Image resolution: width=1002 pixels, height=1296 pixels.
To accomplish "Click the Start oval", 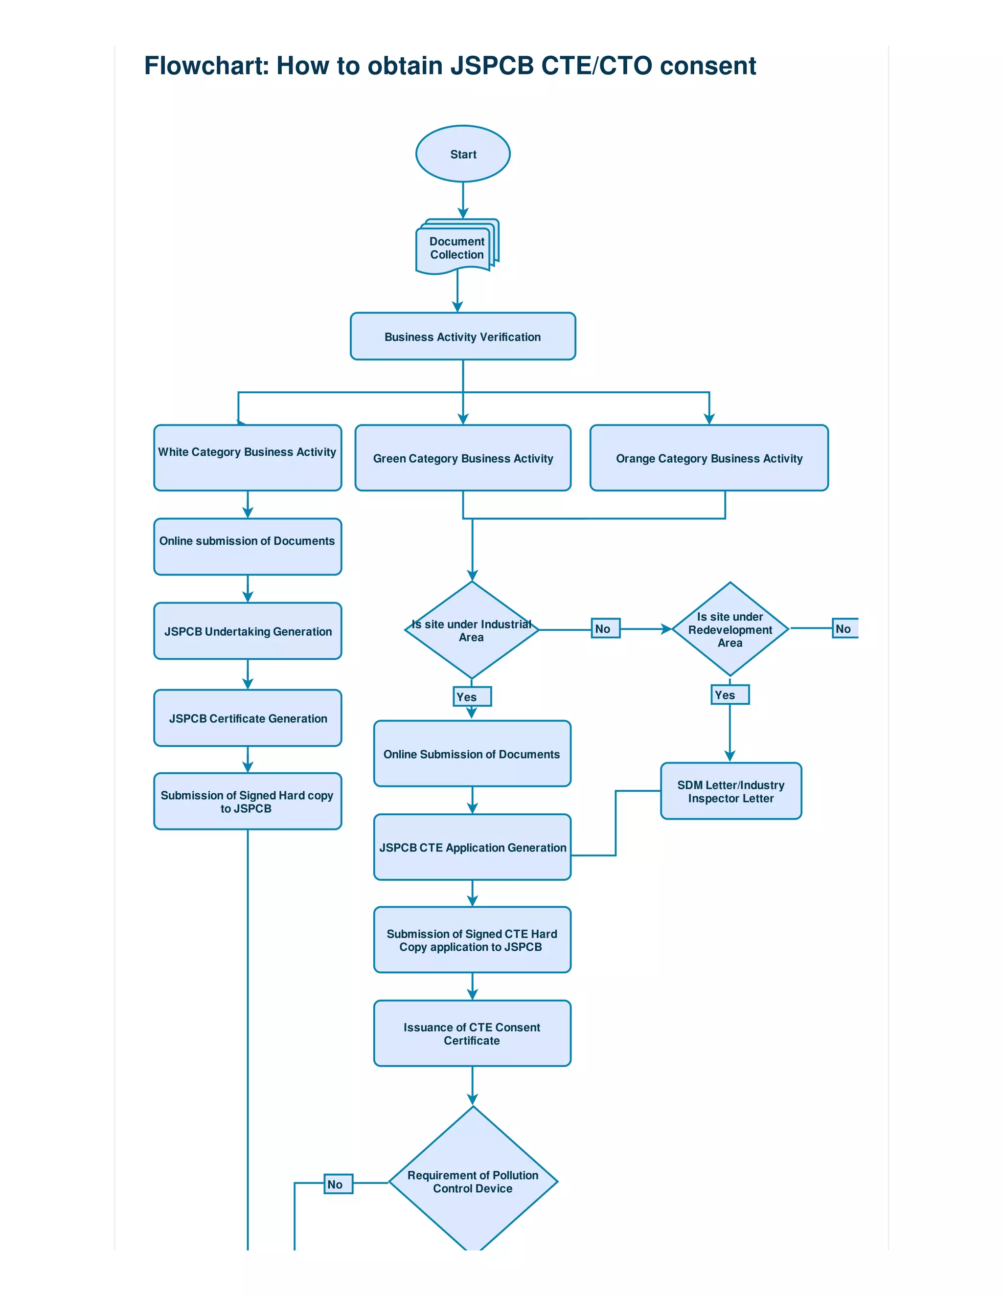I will pos(462,154).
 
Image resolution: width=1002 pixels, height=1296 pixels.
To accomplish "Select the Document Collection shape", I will pos(456,248).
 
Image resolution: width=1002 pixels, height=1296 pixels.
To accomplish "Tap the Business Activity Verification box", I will pos(462,336).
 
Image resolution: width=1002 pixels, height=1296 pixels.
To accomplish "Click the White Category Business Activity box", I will pos(248,458).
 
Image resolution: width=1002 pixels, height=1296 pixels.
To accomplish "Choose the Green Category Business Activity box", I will pos(462,458).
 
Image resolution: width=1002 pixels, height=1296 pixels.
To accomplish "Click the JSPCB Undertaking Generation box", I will pos(248,631).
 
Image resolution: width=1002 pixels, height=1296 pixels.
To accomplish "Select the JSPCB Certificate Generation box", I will pos(248,717).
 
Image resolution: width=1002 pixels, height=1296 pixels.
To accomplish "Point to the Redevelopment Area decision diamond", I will pos(729,629).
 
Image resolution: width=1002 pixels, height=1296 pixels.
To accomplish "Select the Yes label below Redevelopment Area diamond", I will pos(729,694).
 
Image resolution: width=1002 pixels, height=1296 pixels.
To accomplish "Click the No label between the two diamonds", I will pos(605,628).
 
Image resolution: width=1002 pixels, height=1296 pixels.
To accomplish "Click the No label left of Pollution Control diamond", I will pos(338,1184).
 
